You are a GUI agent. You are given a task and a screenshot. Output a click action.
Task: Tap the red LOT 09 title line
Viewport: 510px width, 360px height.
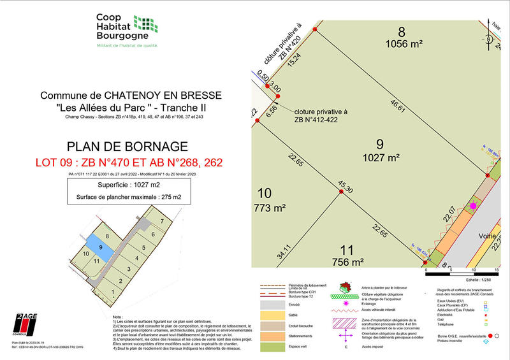[131, 163]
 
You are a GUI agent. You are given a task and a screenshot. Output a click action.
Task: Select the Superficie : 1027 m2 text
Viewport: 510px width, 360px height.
[131, 185]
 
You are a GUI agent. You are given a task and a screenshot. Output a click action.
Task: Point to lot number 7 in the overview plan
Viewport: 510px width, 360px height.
[163, 220]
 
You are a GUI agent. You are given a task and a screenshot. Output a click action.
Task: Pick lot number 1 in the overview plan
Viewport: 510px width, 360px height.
[113, 292]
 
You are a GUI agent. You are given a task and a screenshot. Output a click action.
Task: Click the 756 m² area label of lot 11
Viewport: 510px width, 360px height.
[348, 261]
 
